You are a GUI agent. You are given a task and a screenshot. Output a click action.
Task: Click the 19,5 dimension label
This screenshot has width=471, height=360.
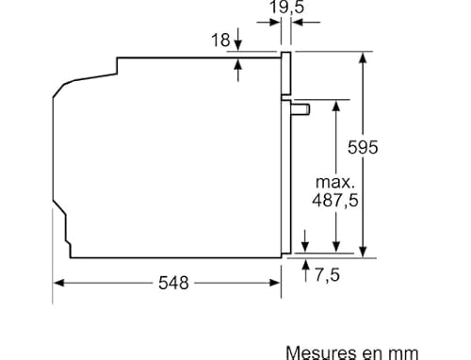284,8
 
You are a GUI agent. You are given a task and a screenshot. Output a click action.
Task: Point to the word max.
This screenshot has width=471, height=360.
333,181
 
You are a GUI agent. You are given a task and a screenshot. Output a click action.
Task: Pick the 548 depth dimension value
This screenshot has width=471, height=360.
173,282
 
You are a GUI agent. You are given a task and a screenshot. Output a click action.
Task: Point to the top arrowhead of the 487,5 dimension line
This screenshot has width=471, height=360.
334,103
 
